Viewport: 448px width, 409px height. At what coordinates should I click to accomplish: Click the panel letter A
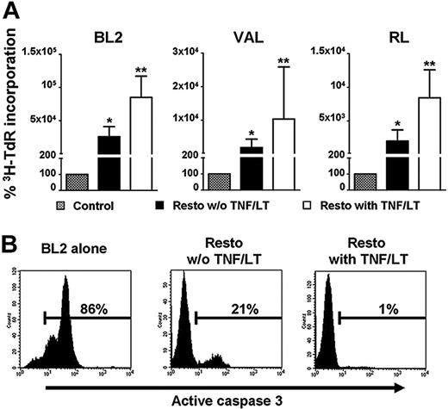pyautogui.click(x=10, y=9)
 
